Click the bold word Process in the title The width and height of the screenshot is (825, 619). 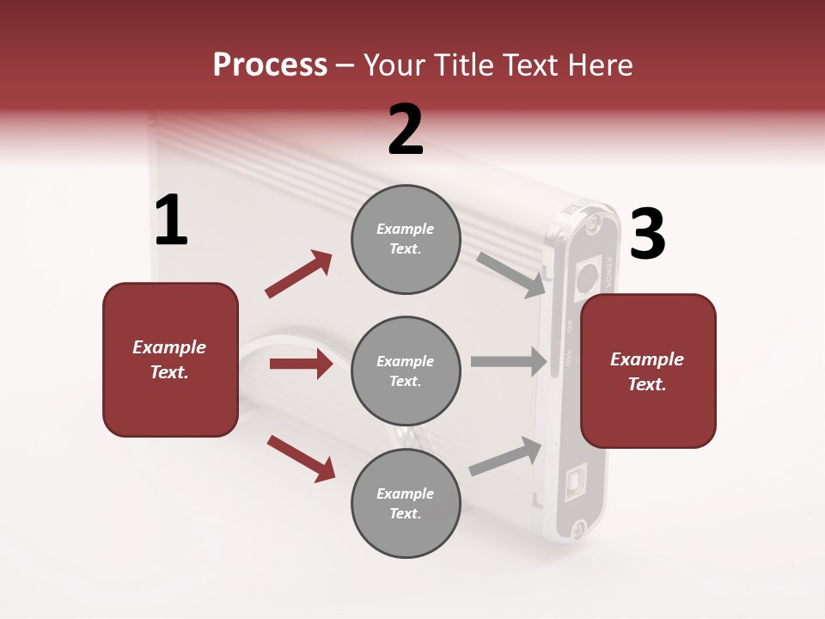[270, 65]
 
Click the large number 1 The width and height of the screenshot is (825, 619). [171, 221]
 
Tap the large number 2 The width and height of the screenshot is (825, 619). [406, 130]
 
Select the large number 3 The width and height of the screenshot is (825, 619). [647, 235]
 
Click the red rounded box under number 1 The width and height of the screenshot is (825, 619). [170, 359]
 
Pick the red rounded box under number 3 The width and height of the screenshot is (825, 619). [648, 371]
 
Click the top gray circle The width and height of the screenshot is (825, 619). [406, 239]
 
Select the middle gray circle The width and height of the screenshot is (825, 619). [406, 371]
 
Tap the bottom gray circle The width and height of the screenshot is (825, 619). [406, 503]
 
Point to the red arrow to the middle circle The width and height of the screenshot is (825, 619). [301, 364]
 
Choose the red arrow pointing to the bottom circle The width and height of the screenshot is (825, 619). [301, 457]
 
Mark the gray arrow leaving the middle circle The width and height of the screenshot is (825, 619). [509, 362]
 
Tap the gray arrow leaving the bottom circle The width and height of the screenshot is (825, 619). [506, 457]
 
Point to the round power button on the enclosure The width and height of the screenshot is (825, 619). [586, 277]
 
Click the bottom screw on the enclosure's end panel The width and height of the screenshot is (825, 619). [580, 529]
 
